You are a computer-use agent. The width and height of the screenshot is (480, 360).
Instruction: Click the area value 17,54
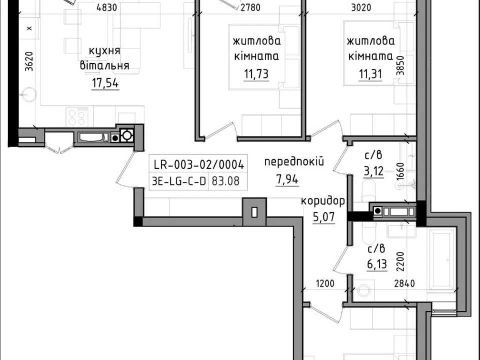tap(105, 83)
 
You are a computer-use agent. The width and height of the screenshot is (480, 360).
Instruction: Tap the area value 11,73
tap(256, 74)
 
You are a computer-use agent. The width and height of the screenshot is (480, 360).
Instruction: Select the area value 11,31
tap(370, 74)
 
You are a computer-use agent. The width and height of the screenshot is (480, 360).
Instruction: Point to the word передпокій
tap(294, 162)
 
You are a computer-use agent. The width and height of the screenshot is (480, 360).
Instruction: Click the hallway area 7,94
tap(287, 179)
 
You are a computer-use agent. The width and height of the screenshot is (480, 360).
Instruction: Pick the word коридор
tap(323, 201)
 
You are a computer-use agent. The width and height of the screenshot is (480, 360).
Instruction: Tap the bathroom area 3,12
tap(373, 171)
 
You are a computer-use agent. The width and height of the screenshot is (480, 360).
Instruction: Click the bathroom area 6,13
tap(377, 264)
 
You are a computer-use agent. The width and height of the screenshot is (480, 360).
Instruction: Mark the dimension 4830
tap(106, 7)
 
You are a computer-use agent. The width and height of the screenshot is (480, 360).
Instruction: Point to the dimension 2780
tap(250, 7)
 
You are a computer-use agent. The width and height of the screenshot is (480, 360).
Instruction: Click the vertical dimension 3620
tap(29, 61)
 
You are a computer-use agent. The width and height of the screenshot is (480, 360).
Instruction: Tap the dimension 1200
tap(325, 284)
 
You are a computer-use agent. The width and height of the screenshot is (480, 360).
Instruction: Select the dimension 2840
tap(404, 284)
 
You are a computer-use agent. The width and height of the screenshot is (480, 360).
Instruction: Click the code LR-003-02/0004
tap(198, 165)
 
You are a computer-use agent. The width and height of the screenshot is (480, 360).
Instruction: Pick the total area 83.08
tap(225, 181)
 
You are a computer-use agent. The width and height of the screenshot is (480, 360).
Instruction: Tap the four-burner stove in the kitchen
tap(76, 117)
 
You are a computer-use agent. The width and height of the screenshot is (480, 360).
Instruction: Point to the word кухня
tap(104, 51)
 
